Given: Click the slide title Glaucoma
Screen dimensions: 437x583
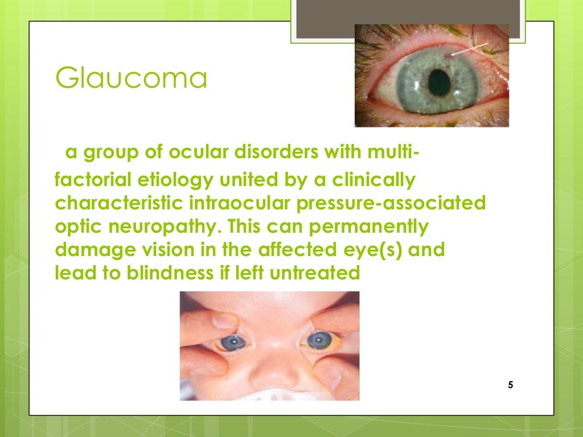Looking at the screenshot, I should (131, 79).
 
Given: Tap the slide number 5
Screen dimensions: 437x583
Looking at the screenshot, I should (510, 385).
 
